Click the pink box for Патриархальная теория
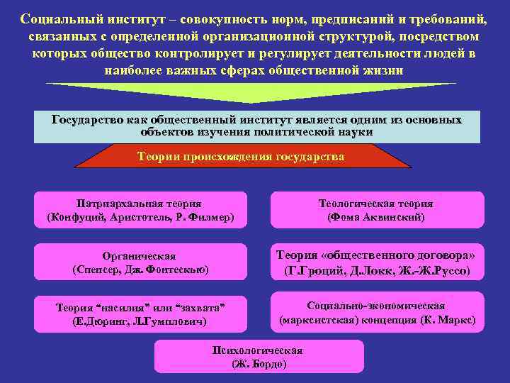tap(140, 210)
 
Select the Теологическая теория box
tap(376, 210)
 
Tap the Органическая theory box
tap(140, 262)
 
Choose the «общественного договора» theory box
tap(376, 262)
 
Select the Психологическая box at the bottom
tap(259, 357)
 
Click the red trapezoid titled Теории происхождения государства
tap(241, 156)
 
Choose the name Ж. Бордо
tap(259, 364)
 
